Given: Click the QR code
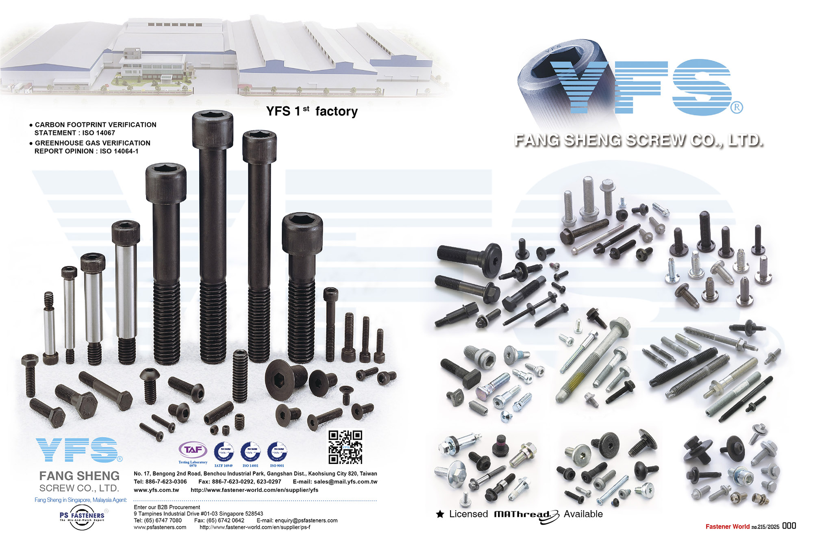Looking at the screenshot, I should pyautogui.click(x=345, y=447).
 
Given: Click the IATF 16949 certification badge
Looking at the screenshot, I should pyautogui.click(x=224, y=452).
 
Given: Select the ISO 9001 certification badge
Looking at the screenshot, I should pyautogui.click(x=277, y=452).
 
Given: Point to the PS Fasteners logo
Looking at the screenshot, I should pyautogui.click(x=82, y=517).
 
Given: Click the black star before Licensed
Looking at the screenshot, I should pyautogui.click(x=440, y=514).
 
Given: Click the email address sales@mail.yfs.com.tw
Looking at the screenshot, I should pyautogui.click(x=345, y=482).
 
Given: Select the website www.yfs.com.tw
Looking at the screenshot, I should pyautogui.click(x=156, y=490).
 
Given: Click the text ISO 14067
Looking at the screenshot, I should pyautogui.click(x=99, y=133).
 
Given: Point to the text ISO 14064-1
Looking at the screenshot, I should pyautogui.click(x=119, y=151).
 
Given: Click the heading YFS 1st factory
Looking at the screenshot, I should pyautogui.click(x=312, y=111).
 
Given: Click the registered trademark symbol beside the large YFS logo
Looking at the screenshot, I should pyautogui.click(x=737, y=108).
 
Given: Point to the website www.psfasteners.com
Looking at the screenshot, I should pyautogui.click(x=160, y=527).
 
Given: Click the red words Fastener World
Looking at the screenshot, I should pyautogui.click(x=727, y=526).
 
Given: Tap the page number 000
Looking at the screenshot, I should pyautogui.click(x=789, y=526).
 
